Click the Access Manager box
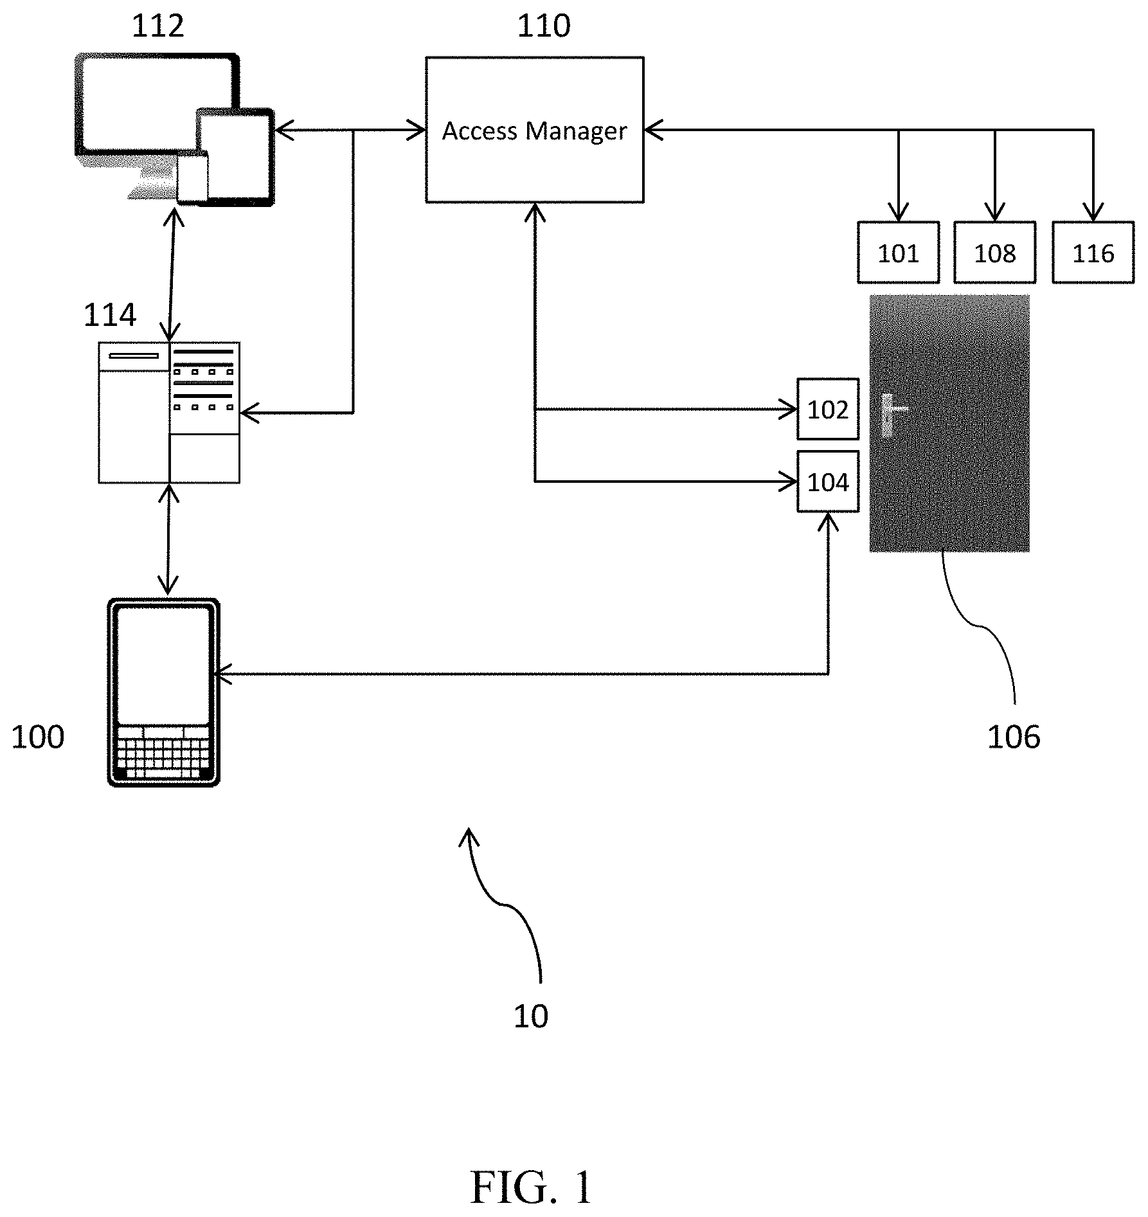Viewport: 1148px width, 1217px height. (x=534, y=130)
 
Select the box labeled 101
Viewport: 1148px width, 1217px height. (x=898, y=253)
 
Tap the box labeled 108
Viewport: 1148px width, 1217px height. (x=994, y=253)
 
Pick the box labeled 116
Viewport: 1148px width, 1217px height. (x=1093, y=253)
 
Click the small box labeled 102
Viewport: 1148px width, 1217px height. (x=828, y=409)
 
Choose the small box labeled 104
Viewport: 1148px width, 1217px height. (x=828, y=482)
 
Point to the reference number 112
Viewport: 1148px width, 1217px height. (x=157, y=26)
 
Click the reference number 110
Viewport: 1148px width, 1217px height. (x=544, y=26)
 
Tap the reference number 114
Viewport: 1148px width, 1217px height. (x=110, y=315)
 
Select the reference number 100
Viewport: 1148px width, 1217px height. (x=38, y=737)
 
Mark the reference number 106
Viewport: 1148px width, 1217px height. (x=1014, y=737)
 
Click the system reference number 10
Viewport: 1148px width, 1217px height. (x=531, y=1016)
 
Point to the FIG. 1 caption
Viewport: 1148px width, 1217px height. (x=531, y=1187)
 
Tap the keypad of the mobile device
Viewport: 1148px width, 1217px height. (x=164, y=752)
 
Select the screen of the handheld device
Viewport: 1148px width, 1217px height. (x=164, y=665)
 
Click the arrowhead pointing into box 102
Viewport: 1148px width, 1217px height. (x=789, y=409)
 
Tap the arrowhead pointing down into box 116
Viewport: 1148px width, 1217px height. (x=1093, y=212)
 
